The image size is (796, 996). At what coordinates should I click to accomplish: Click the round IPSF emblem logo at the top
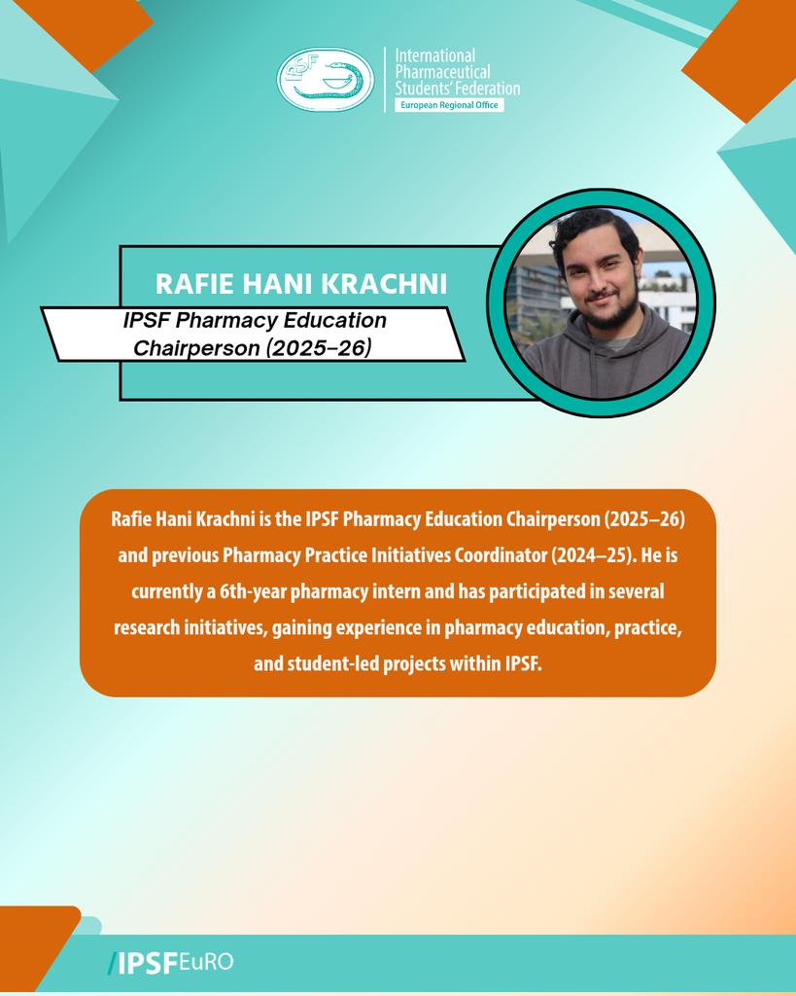[326, 79]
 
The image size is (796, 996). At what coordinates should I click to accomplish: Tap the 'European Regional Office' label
[448, 104]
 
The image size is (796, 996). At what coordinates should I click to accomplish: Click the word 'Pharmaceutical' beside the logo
[442, 72]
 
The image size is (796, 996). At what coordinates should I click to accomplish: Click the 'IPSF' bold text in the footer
[147, 963]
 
